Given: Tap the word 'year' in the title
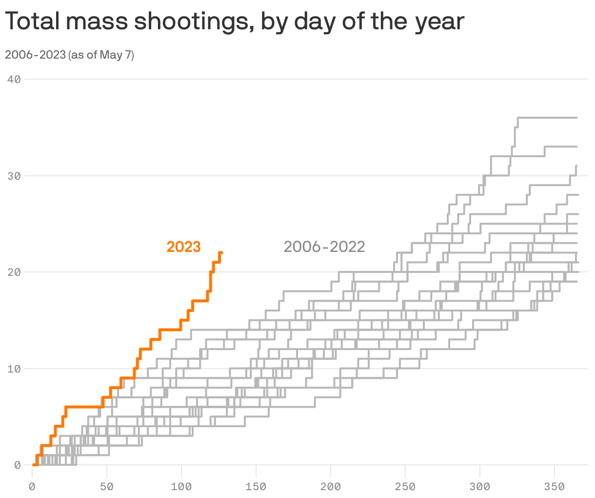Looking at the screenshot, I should tap(439, 22).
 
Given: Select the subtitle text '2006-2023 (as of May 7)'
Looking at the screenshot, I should tap(69, 55).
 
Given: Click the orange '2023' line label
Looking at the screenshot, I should tap(183, 247).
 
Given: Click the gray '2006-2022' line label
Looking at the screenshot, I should tap(324, 247).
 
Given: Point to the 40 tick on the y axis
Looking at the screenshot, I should tap(14, 79).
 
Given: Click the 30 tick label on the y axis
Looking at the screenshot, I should tap(14, 176).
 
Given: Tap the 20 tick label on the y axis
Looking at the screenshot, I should tap(14, 272).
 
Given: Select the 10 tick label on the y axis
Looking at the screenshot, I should tap(14, 369).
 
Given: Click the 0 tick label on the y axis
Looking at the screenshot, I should tap(17, 465).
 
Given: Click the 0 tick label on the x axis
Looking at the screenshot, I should tap(32, 487).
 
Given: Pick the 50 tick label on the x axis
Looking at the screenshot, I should tap(107, 487).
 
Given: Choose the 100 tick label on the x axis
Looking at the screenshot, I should tap(181, 487).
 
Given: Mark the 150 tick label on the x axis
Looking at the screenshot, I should tap(256, 487).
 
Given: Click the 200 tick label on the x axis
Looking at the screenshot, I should tap(331, 487).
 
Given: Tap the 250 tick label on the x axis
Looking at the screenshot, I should tap(405, 487).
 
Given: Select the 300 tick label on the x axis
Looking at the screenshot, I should tap(480, 487).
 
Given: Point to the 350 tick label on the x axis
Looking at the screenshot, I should tap(555, 487).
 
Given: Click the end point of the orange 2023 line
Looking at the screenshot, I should tap(221, 252).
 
